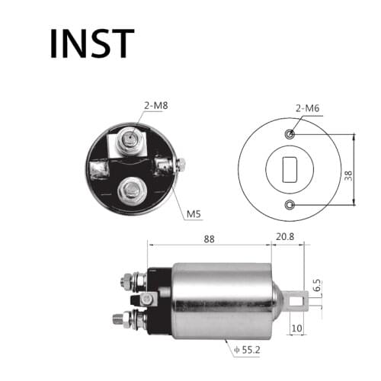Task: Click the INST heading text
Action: click(x=91, y=43)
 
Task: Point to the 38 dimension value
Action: click(x=348, y=174)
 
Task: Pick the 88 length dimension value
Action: click(x=209, y=239)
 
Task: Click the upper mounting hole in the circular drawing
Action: click(x=290, y=135)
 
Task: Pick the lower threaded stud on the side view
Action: click(x=122, y=317)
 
